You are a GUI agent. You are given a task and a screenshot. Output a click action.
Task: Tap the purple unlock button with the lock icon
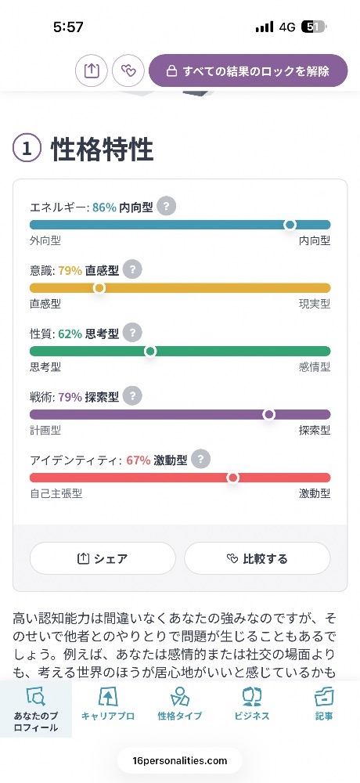247,70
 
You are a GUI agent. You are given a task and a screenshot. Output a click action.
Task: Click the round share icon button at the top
92,71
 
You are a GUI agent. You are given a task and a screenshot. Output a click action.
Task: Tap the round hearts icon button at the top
128,71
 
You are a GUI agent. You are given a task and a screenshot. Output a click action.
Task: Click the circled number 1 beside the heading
27,150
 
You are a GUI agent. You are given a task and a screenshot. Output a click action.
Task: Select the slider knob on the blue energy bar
290,225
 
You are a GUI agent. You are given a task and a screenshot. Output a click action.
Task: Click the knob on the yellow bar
99,287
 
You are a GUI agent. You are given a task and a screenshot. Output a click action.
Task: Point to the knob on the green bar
150,351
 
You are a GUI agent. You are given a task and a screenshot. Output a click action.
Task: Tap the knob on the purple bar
268,414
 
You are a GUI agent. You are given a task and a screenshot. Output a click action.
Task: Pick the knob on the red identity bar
232,478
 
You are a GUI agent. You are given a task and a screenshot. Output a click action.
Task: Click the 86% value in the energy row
104,207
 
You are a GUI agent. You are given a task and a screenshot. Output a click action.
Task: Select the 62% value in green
70,334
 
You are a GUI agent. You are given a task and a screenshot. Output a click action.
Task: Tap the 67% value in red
139,460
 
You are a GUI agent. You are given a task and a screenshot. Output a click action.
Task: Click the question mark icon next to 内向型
166,207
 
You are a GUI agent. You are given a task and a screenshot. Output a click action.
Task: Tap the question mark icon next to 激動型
200,460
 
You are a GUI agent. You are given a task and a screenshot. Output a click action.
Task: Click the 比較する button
257,558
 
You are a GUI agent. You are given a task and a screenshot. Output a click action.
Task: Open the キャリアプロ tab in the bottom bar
108,704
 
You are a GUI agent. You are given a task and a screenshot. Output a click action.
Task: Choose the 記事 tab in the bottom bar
324,704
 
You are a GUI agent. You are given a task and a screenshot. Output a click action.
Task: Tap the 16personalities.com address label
180,761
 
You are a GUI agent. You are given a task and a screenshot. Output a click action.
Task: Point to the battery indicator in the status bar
313,27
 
